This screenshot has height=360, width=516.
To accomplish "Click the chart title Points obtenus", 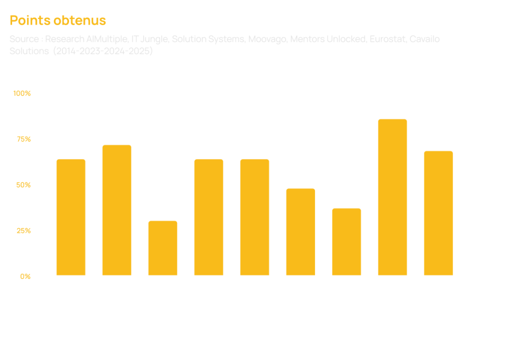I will point(57,21).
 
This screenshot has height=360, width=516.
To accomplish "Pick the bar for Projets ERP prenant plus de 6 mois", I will point(209,217).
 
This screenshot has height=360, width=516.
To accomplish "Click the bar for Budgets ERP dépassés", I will point(254,217).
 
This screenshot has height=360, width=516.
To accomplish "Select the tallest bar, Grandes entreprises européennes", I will point(393,197).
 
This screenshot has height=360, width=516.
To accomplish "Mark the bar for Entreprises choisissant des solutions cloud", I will point(71,217).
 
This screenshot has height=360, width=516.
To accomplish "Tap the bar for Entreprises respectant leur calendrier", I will point(300,232).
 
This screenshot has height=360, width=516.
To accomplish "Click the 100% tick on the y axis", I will point(22,93).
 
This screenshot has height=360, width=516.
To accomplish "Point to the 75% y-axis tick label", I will point(23,139).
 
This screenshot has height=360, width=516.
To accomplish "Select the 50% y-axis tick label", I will point(23,185).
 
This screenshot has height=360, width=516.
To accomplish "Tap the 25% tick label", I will point(23,231).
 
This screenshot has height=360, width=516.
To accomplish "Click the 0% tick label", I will point(25,276).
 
